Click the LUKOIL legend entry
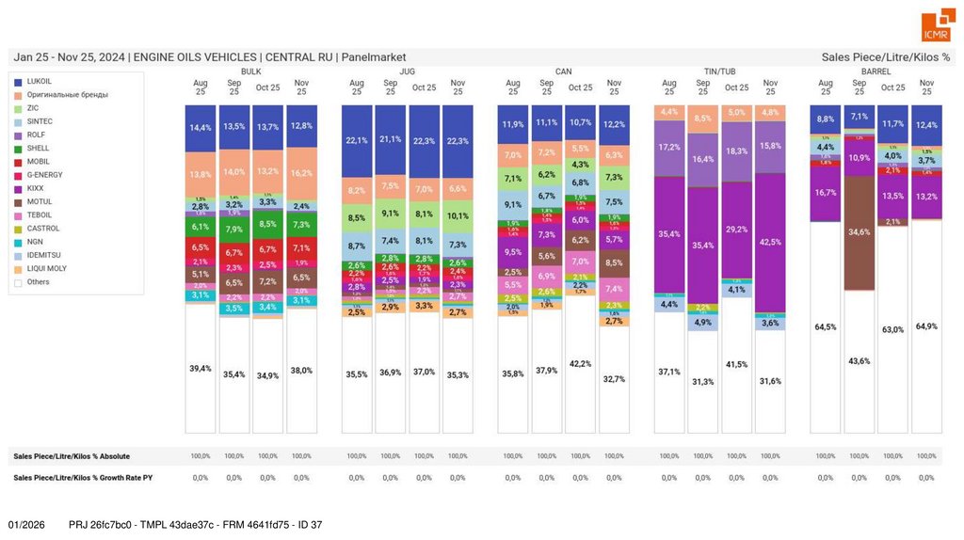tap(40, 82)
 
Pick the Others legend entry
tap(39, 281)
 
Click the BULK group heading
tap(250, 71)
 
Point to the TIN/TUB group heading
tap(719, 71)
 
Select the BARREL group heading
tap(876, 71)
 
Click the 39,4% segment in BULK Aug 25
tap(201, 368)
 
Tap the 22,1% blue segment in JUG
tap(357, 140)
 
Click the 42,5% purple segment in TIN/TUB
tap(770, 242)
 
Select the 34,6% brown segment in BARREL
tap(859, 231)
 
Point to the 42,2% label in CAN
tap(581, 363)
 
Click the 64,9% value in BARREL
tap(926, 326)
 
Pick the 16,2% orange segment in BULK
tap(301, 173)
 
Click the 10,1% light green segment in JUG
tap(458, 215)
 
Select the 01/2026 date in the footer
tap(26, 524)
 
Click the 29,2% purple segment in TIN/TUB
tap(736, 230)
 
